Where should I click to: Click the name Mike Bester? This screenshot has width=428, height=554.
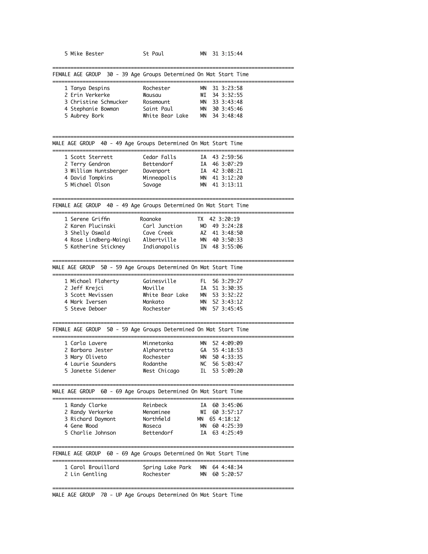coord(87,54)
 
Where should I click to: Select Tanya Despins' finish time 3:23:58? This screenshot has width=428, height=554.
coord(232,88)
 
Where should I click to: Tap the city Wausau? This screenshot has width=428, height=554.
coord(152,95)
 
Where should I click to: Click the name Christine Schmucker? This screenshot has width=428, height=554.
coord(99,102)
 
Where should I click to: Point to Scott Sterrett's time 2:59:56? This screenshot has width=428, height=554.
coord(232,157)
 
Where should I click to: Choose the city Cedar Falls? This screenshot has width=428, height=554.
coord(159,157)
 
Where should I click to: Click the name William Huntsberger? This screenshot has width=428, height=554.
coord(99,171)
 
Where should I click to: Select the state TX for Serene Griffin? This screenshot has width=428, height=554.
coord(200,219)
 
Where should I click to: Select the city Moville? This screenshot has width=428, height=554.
coord(153,288)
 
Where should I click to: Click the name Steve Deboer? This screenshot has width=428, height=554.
coord(88,309)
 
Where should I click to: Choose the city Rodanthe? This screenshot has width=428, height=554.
coord(155,364)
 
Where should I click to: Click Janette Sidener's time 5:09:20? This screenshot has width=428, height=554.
coord(232,371)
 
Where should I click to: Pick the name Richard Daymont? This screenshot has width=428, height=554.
coord(93,419)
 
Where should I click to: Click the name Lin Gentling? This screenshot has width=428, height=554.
coord(88,474)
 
